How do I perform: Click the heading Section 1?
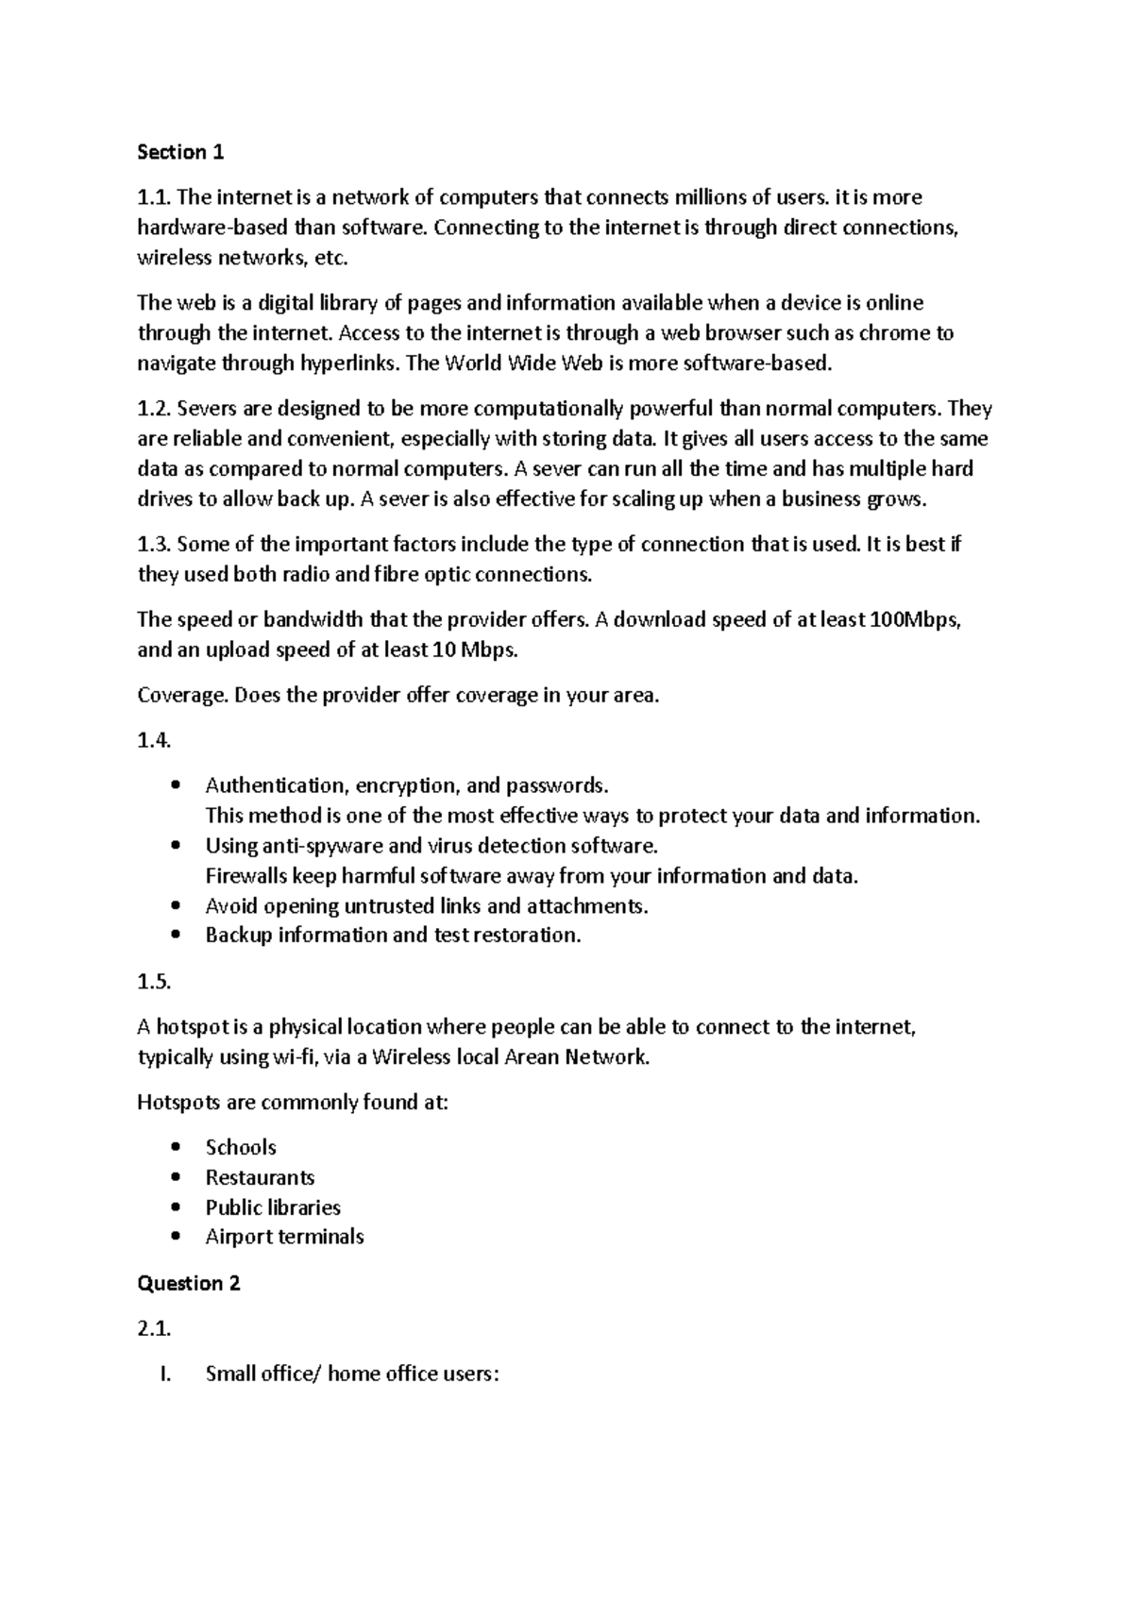180,152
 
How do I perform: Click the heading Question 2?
189,1283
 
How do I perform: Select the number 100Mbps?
911,620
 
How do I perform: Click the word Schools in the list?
241,1147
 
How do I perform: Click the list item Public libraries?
273,1207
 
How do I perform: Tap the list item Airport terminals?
284,1237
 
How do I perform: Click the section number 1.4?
154,741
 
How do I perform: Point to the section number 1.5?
154,982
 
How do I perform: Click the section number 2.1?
154,1329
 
